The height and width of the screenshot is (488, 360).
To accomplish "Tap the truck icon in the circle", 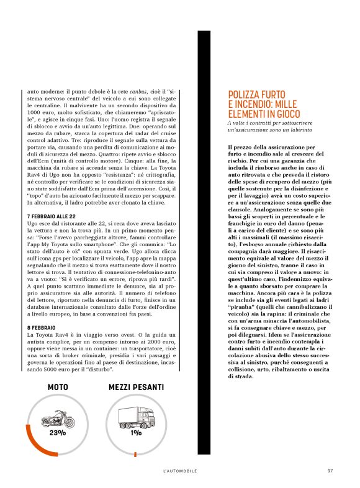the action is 135,417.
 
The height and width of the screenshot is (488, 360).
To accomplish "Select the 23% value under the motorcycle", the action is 58,433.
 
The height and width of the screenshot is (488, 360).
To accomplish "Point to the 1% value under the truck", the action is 135,433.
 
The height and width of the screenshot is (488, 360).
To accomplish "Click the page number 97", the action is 330,471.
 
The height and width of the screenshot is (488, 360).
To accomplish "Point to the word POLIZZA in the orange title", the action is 245,95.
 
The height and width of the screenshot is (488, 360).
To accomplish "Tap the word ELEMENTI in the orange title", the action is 248,115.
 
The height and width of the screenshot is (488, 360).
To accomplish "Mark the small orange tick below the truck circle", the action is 135,454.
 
